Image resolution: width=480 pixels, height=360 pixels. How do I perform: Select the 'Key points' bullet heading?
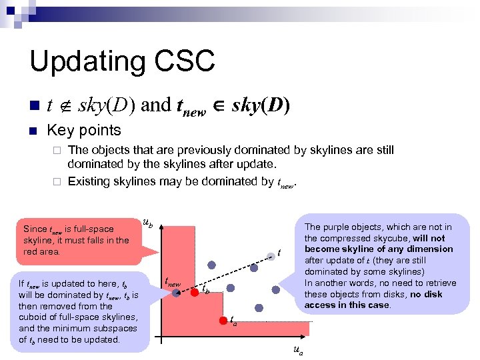coord(84,130)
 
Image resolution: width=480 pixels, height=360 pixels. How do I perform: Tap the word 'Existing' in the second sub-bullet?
coord(89,181)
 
